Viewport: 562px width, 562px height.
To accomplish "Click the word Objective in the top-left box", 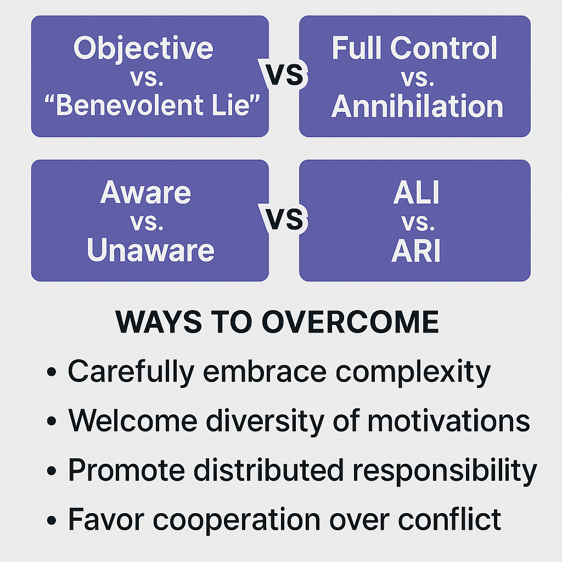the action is pyautogui.click(x=143, y=49).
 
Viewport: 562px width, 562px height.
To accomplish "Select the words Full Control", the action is pyautogui.click(x=414, y=48).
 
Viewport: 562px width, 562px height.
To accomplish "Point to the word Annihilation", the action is pyautogui.click(x=417, y=106).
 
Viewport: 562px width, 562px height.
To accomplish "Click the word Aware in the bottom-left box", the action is pyautogui.click(x=145, y=192).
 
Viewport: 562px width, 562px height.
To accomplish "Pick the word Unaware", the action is pyautogui.click(x=150, y=250).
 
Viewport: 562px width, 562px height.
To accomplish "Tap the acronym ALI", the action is pyautogui.click(x=416, y=192).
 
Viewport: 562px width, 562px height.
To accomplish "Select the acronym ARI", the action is pyautogui.click(x=416, y=250).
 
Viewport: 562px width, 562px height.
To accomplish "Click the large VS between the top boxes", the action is pyautogui.click(x=284, y=74).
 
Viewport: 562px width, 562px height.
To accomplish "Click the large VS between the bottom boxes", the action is pyautogui.click(x=284, y=218).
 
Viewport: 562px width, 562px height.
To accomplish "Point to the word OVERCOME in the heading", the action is pyautogui.click(x=350, y=322).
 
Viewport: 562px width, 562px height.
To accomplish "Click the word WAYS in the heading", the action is pyautogui.click(x=159, y=322).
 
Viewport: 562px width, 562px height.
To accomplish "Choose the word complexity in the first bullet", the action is pyautogui.click(x=413, y=373).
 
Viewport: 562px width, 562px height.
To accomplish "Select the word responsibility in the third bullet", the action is pyautogui.click(x=445, y=471).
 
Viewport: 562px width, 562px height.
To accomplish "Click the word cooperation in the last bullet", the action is pyautogui.click(x=237, y=520).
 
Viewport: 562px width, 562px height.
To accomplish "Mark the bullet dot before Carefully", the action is pyautogui.click(x=52, y=372).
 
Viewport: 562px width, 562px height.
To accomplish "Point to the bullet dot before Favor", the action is pyautogui.click(x=52, y=520).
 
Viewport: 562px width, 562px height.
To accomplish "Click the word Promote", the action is pyautogui.click(x=127, y=470).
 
